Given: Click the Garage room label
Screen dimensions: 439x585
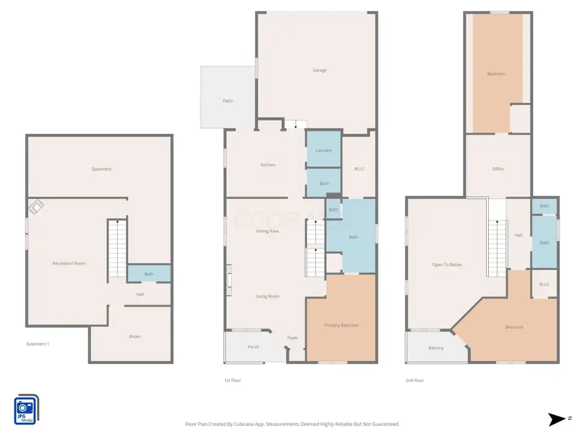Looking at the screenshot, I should point(320,70).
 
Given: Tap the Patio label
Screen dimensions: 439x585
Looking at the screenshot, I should point(227,101).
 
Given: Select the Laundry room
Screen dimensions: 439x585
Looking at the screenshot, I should point(324,150).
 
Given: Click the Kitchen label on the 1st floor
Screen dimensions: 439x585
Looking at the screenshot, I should point(268,165).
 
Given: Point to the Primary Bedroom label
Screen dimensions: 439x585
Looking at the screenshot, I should point(341,325).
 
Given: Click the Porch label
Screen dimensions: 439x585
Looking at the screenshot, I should point(253,347).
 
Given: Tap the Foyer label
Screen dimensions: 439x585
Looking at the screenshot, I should point(293,338).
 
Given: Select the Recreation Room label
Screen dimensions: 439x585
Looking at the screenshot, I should point(69,263).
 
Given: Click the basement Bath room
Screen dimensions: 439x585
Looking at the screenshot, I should point(149,274).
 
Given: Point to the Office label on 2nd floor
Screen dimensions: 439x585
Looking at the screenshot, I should point(498,169).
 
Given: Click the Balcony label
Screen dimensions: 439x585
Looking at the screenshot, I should point(436,348).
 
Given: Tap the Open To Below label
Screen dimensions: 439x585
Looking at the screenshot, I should point(447,265).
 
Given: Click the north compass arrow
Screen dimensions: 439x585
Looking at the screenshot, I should point(556,419).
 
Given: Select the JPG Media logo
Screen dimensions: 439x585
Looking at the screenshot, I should point(26,410).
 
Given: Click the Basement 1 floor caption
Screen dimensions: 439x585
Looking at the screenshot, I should point(38,343).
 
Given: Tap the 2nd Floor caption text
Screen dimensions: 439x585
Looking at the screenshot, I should point(414,380).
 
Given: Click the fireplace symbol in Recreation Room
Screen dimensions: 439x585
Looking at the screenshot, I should point(36,207).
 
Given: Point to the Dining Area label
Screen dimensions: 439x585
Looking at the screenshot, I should point(267,231).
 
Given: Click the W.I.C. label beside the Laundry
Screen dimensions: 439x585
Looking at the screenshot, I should point(359,169).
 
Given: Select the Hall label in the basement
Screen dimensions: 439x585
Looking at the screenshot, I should point(140,295).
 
